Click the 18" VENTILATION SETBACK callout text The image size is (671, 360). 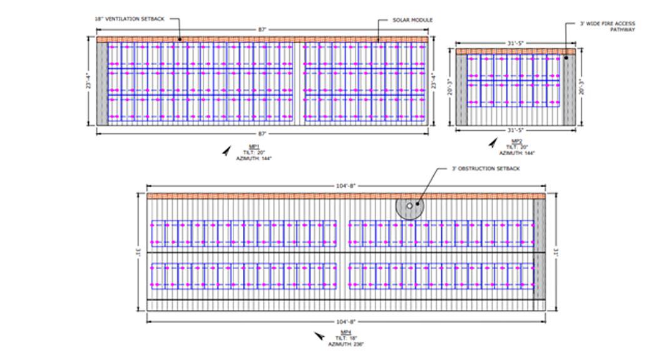[130, 19]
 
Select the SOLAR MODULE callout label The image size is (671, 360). [413, 20]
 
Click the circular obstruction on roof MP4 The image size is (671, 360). [409, 206]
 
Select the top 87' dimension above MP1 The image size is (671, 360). [262, 29]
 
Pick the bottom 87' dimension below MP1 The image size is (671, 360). [262, 133]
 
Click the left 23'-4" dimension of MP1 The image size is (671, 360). [88, 82]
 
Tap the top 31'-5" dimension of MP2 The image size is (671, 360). [515, 43]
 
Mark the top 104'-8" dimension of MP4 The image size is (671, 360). [346, 186]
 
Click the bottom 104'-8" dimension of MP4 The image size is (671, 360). [346, 321]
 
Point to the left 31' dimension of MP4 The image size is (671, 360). [138, 252]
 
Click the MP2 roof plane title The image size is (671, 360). [516, 141]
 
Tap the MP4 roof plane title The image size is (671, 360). [345, 332]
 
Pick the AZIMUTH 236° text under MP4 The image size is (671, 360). [348, 344]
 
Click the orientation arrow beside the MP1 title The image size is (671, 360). [225, 151]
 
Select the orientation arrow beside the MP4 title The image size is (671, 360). [320, 337]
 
